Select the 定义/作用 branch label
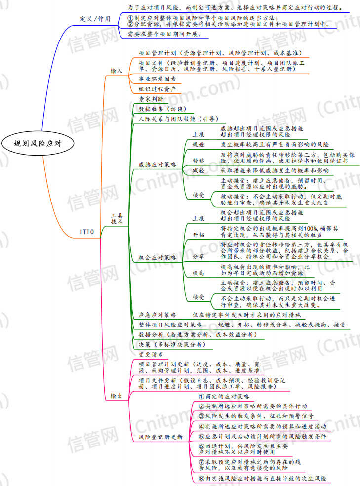[x=96, y=18]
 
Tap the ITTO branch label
[x=87, y=231]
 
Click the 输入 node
[x=117, y=71]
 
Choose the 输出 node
[x=117, y=396]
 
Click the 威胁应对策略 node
[x=158, y=164]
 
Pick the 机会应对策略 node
[x=158, y=257]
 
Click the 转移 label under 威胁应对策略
[x=199, y=160]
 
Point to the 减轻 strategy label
[x=199, y=170]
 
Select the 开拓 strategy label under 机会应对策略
[x=199, y=235]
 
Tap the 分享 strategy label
[x=199, y=256]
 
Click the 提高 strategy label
[x=199, y=273]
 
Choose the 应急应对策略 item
[x=158, y=315]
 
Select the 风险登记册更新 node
[x=160, y=437]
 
